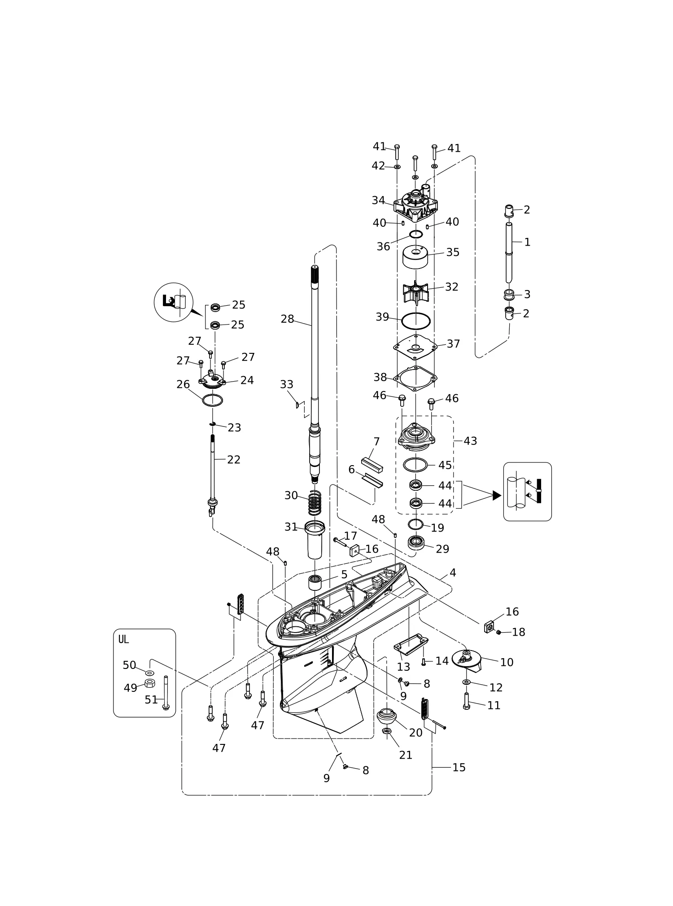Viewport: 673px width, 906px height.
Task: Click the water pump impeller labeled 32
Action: (416, 292)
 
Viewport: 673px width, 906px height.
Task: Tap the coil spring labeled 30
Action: (315, 503)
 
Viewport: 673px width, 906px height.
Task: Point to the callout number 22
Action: (234, 459)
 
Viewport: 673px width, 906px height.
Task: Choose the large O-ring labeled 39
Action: (416, 321)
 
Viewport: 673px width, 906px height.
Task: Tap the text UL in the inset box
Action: (123, 639)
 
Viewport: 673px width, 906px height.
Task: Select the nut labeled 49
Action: (151, 683)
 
